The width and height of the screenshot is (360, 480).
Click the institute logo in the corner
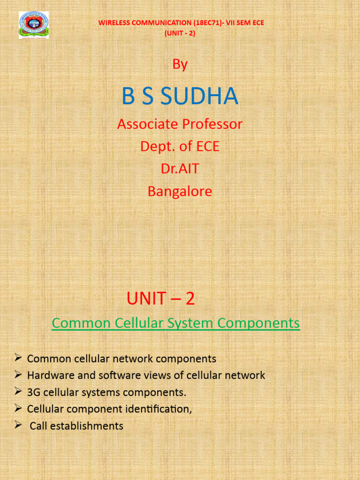tap(33, 25)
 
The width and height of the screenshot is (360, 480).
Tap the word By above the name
tap(180, 64)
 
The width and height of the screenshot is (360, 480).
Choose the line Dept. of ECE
tap(180, 146)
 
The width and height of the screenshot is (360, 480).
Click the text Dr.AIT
tap(180, 169)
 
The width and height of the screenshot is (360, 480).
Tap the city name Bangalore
tap(180, 191)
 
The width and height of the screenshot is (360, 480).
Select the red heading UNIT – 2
tap(160, 299)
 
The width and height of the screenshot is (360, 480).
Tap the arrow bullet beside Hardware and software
tap(18, 375)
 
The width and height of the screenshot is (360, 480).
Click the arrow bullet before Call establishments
tap(18, 425)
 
